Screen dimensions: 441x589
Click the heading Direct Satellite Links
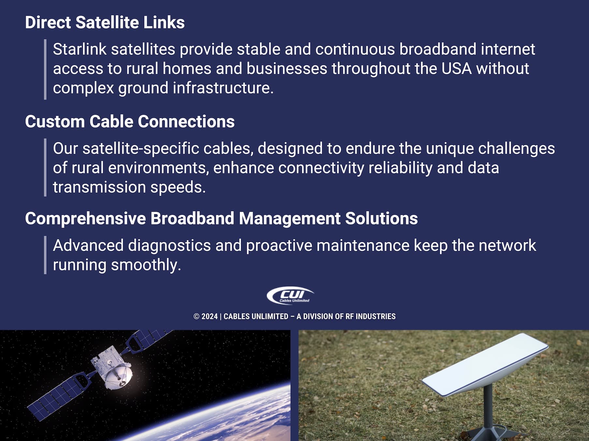(105, 22)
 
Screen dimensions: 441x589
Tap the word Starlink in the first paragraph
(80, 50)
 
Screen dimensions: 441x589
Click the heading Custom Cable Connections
(130, 121)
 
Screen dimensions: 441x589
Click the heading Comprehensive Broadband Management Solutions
(221, 218)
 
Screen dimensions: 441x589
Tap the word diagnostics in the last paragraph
(169, 246)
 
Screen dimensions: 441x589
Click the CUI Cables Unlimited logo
(290, 295)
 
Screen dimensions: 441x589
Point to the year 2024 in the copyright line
(209, 316)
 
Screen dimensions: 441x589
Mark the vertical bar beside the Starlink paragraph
(45, 69)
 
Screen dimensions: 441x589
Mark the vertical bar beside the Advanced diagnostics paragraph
(45, 255)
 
